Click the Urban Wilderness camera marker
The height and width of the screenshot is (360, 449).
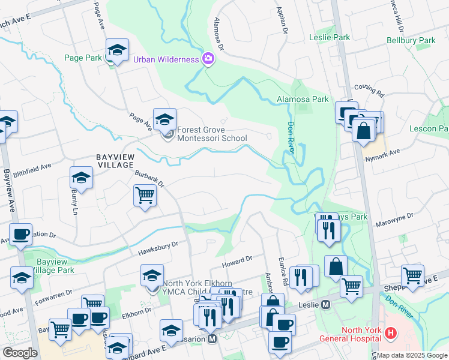(208, 59)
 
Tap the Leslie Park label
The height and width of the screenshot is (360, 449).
(330, 37)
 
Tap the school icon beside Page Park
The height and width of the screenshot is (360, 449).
(118, 50)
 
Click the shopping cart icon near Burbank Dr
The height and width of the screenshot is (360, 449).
(145, 195)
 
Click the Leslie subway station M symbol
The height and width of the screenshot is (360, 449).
(326, 304)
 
